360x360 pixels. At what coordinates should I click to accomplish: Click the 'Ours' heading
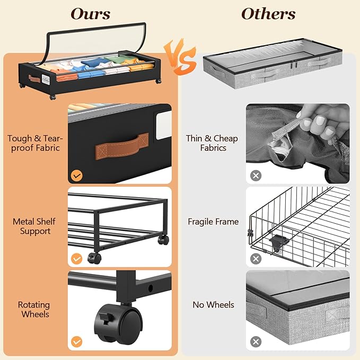click(x=91, y=14)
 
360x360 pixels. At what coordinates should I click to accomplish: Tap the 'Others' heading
click(x=268, y=14)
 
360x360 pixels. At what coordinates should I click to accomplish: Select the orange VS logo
click(x=180, y=57)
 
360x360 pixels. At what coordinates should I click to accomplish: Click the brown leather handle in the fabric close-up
click(x=122, y=146)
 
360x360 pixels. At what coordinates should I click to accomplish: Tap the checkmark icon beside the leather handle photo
click(x=77, y=176)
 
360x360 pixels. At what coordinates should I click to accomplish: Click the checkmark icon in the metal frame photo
click(x=77, y=259)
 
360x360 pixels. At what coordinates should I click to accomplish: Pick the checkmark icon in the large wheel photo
click(x=77, y=342)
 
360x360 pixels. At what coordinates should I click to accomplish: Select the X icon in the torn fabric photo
click(x=256, y=176)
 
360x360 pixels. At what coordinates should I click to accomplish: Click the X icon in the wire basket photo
click(x=256, y=259)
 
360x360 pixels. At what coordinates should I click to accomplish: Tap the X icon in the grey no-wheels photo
click(x=256, y=342)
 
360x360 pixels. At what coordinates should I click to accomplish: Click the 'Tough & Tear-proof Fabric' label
click(x=35, y=143)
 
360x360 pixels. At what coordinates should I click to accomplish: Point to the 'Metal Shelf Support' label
click(x=34, y=226)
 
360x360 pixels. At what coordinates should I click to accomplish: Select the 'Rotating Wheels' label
click(x=34, y=310)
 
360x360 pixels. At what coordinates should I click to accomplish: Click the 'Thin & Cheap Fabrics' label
click(x=212, y=143)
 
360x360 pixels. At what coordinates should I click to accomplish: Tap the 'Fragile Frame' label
click(x=213, y=222)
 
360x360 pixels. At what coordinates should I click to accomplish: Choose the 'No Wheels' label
click(x=214, y=305)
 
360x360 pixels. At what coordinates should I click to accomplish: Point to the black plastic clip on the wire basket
click(x=279, y=243)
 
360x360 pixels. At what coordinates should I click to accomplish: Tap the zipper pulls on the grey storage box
click(x=295, y=65)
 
